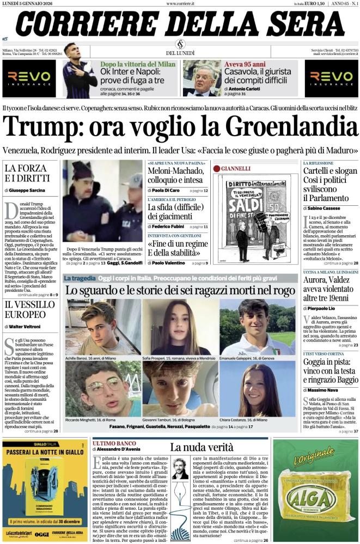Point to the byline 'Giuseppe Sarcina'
point(28,191)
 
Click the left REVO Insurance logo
point(28,76)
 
